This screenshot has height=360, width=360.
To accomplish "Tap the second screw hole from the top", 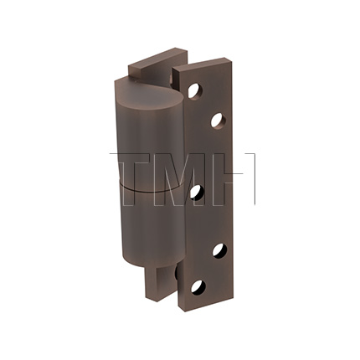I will point(218,120).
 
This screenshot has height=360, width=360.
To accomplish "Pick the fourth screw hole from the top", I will point(219,249).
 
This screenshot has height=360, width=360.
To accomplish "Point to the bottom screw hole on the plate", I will point(198,287).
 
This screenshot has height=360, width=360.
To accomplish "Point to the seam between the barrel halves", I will point(138,185).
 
